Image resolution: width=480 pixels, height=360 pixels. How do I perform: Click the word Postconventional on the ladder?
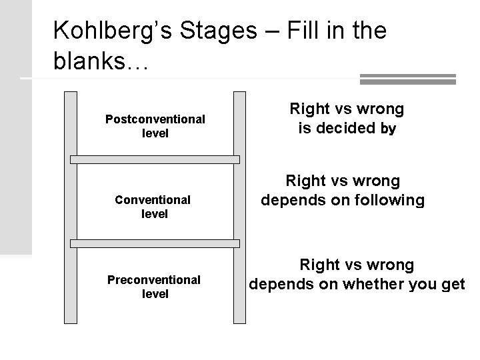(x=155, y=119)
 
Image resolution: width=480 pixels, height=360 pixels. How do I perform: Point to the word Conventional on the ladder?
(x=153, y=199)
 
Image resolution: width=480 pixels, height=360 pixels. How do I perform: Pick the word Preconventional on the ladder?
(x=154, y=279)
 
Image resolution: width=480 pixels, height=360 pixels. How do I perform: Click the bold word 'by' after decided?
(x=388, y=129)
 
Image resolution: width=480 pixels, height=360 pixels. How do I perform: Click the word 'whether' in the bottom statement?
(x=371, y=285)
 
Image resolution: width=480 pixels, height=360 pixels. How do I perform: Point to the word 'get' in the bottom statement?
(x=453, y=285)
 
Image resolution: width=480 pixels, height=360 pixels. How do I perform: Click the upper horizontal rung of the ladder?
(x=155, y=159)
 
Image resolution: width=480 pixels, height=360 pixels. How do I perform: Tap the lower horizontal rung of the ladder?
(x=155, y=239)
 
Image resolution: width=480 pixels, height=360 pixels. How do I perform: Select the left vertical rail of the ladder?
(x=71, y=207)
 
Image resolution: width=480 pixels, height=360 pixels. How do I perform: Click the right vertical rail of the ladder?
(x=240, y=207)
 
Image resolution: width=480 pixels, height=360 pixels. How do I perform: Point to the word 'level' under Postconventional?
(x=155, y=133)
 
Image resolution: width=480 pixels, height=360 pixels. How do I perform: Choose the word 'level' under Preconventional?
(x=155, y=293)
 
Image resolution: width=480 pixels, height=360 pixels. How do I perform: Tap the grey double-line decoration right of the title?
(x=407, y=79)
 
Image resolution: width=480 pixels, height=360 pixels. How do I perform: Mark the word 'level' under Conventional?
(x=155, y=214)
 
